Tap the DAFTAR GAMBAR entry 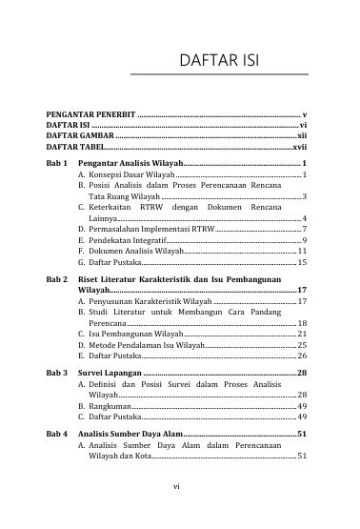pyautogui.click(x=79, y=137)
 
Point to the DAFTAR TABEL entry pyautogui.click(x=75, y=149)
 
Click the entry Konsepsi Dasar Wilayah pyautogui.click(x=130, y=177)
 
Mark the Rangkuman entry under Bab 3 pyautogui.click(x=110, y=405)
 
